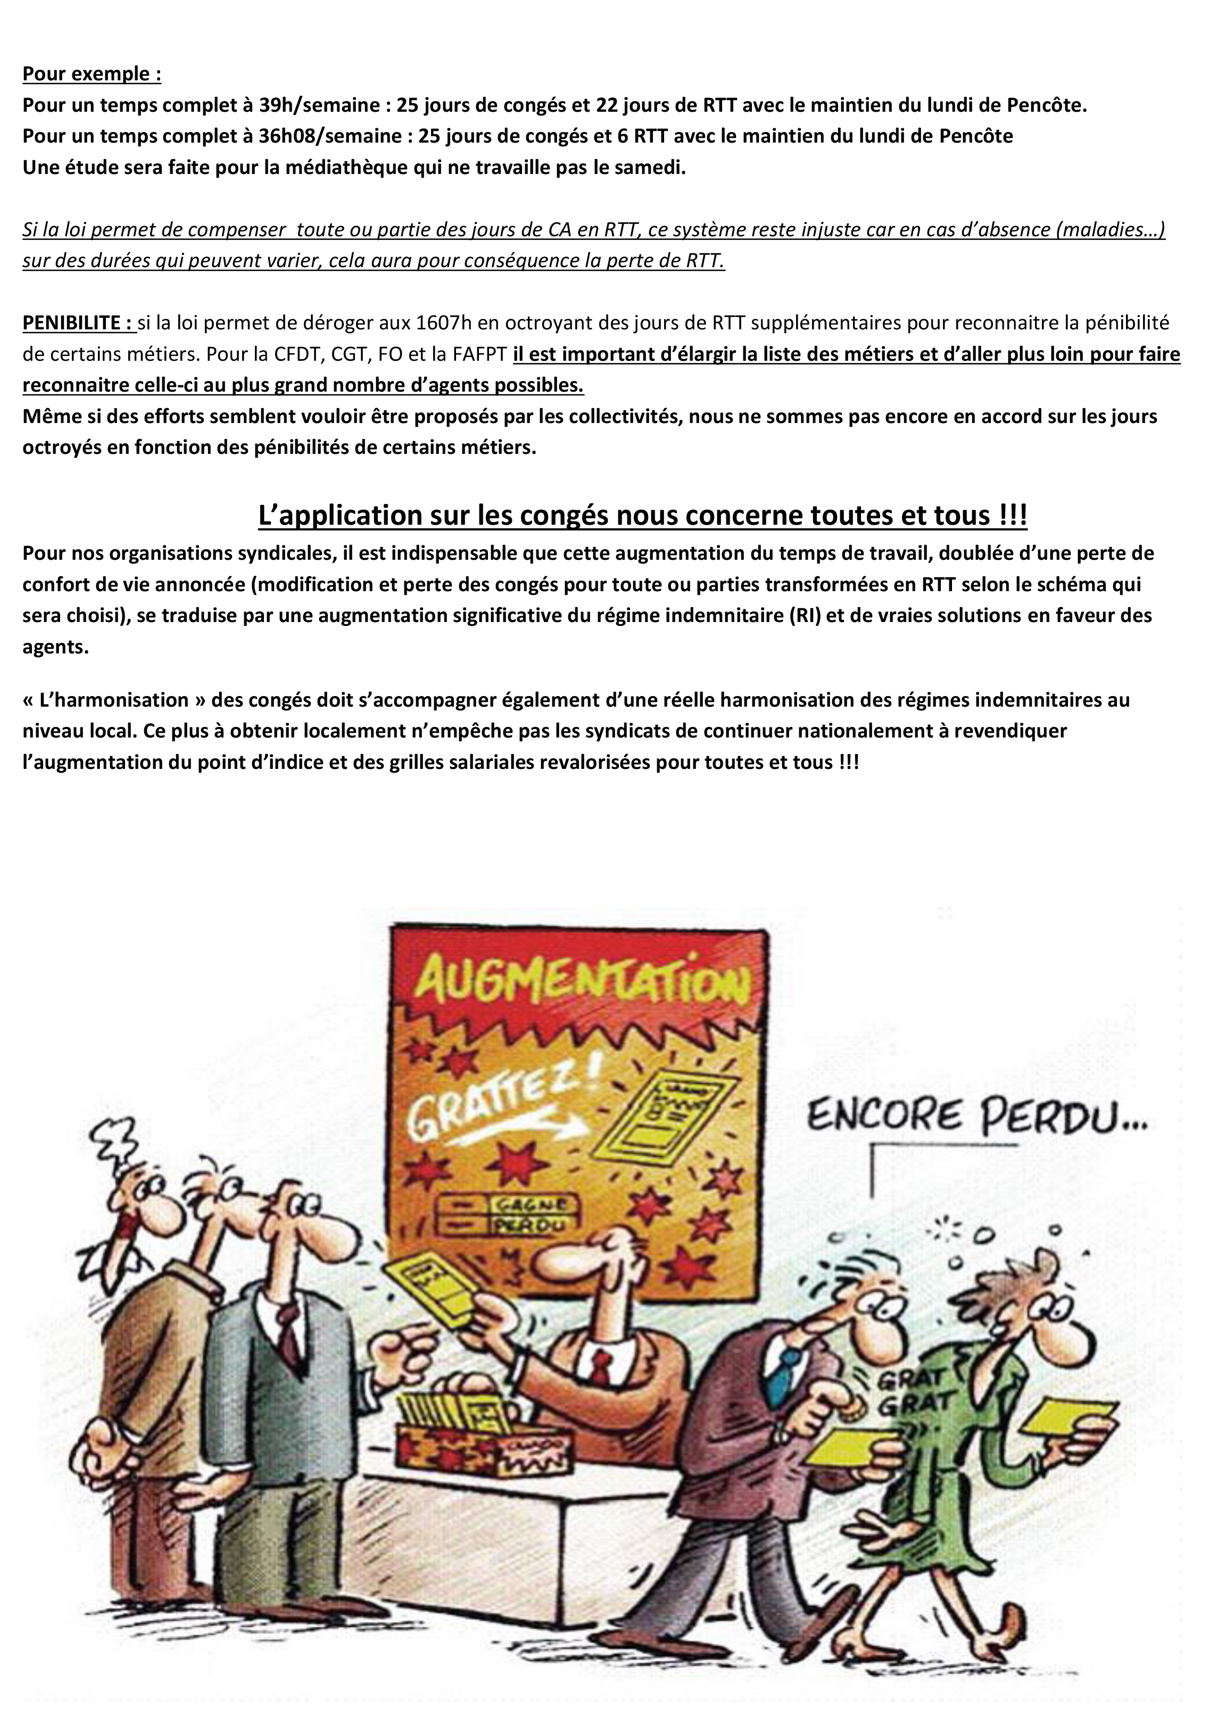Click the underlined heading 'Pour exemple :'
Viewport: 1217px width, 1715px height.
92,74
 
